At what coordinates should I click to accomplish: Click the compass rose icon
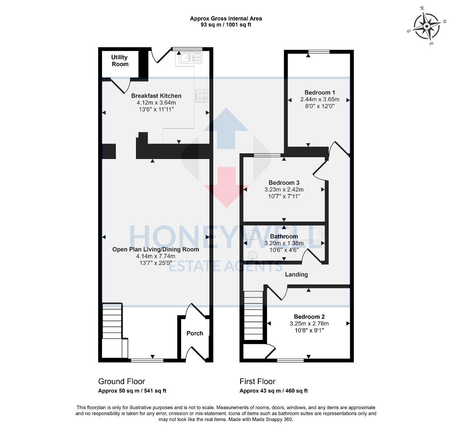[427, 26]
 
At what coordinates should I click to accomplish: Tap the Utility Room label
[120, 60]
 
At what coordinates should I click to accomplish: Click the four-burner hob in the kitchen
[202, 96]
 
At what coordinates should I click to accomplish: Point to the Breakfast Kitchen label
[156, 96]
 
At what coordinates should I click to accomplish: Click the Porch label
[195, 333]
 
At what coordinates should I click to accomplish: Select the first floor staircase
[254, 314]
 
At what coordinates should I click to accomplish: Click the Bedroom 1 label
[320, 93]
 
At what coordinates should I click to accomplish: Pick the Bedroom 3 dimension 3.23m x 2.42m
[284, 189]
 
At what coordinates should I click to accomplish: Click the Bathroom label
[284, 236]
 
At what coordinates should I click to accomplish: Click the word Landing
[296, 275]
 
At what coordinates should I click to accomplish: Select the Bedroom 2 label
[309, 317]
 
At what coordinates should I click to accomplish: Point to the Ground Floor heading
[121, 382]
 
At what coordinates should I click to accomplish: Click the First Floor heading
[257, 382]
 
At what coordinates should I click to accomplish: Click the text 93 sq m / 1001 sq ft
[226, 25]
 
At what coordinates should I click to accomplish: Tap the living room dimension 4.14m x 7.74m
[155, 256]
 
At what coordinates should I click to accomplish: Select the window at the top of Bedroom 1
[319, 52]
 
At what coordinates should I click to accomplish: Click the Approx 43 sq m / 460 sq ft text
[273, 391]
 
